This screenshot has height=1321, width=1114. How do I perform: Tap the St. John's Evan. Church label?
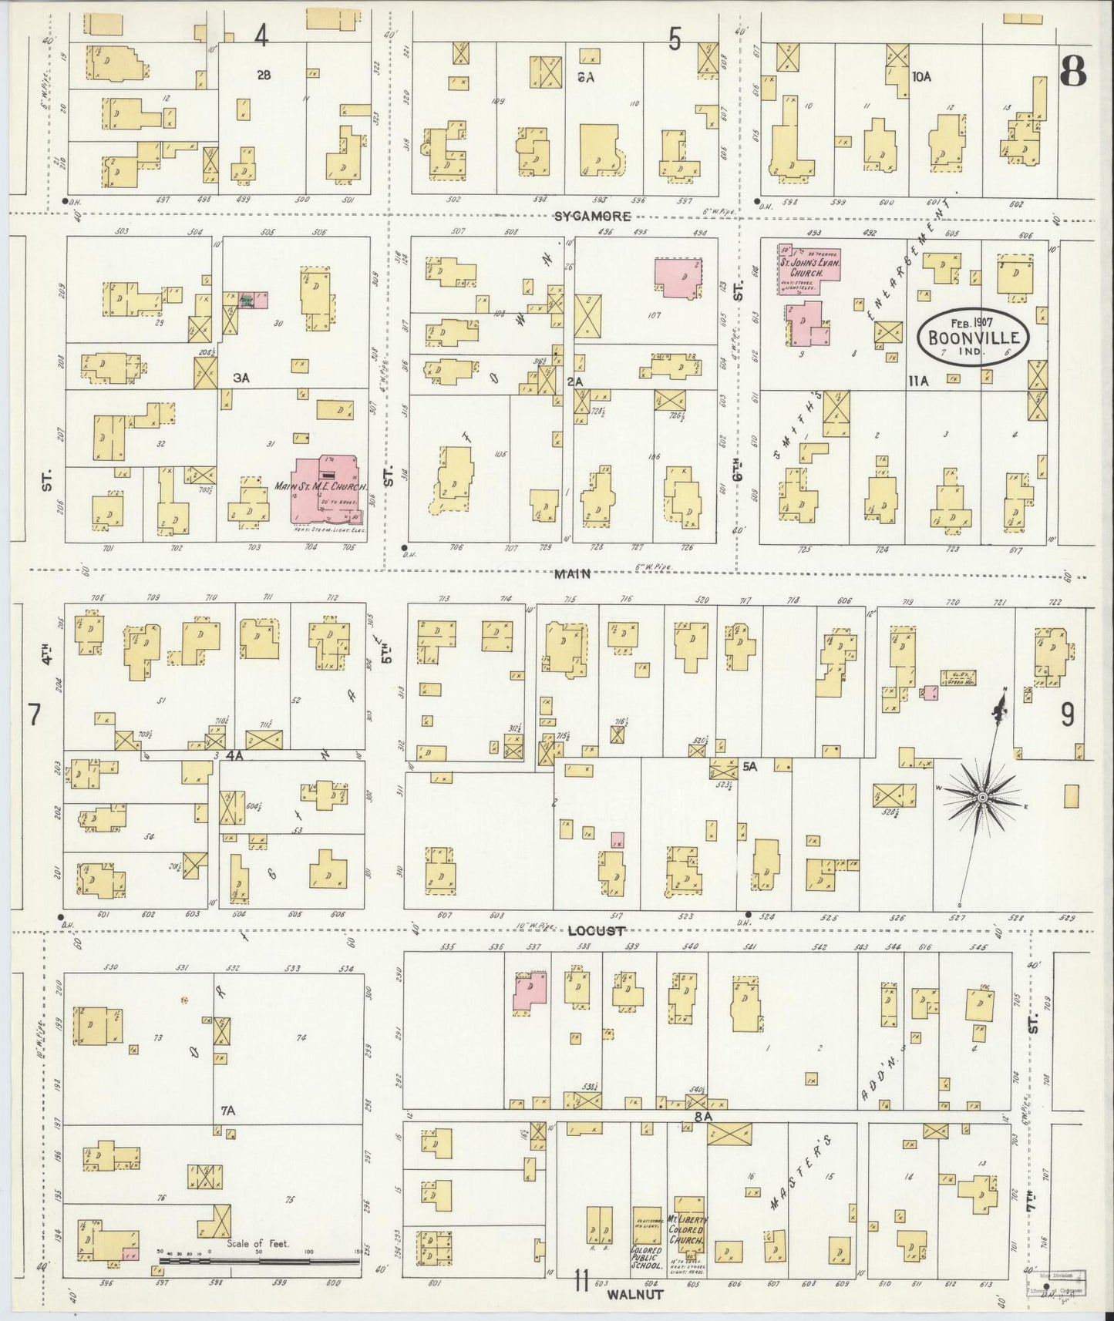coord(809,264)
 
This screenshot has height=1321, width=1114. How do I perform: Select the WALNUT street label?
coord(634,1295)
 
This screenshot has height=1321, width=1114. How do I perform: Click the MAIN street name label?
coord(571,573)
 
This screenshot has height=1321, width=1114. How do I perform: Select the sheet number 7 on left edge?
coord(34,715)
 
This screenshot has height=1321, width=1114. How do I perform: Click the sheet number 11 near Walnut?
coord(581,1283)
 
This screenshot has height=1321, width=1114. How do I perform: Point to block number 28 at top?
coord(264,75)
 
